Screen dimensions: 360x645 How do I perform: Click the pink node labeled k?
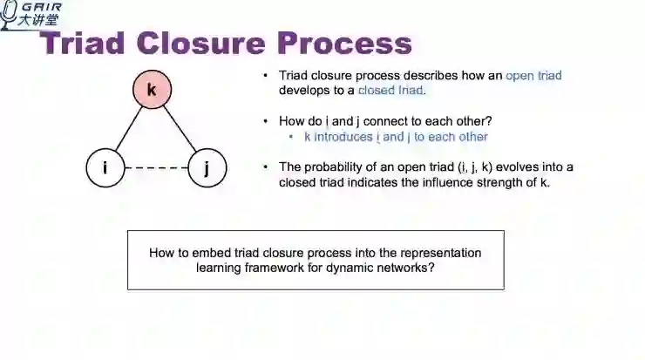click(x=152, y=90)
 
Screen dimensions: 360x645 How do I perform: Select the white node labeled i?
click(x=105, y=166)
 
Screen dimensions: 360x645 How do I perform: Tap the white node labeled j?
click(x=207, y=166)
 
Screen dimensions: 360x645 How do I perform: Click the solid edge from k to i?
click(x=128, y=128)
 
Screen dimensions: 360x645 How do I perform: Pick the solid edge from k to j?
click(x=179, y=128)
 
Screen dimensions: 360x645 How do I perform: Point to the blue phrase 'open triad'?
click(x=533, y=76)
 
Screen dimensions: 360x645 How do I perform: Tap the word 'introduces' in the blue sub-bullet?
click(x=344, y=137)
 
